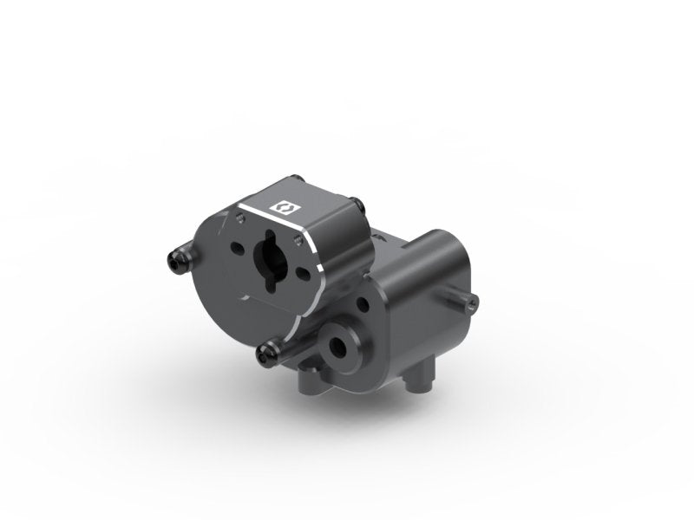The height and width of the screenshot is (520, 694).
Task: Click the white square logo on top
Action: [282, 207]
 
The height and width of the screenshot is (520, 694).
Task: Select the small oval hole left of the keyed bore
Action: [236, 247]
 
